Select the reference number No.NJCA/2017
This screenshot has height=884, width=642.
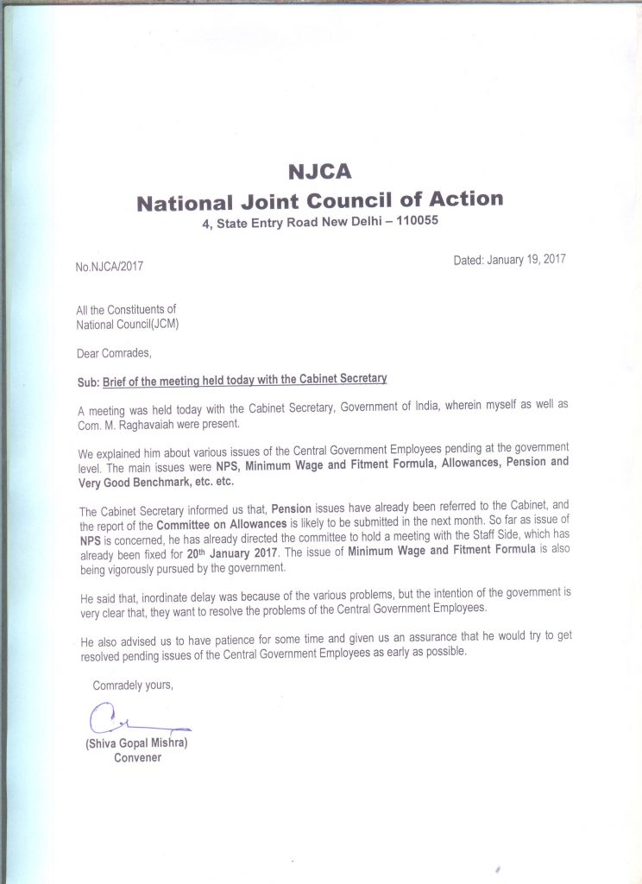(x=109, y=266)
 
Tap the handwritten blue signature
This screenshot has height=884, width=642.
(x=121, y=718)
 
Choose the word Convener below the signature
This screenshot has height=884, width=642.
(x=138, y=758)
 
